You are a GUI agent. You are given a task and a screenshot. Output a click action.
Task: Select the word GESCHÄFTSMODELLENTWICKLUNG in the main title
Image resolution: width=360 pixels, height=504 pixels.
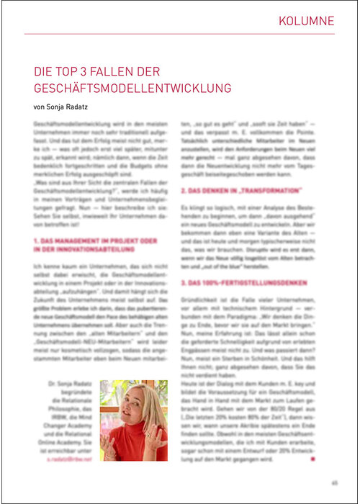point(132,89)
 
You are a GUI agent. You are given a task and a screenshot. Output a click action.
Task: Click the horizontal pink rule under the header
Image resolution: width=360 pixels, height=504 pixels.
point(180,34)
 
